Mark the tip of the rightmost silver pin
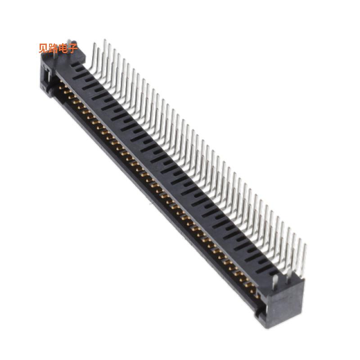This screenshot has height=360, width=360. pyautogui.click(x=306, y=245)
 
